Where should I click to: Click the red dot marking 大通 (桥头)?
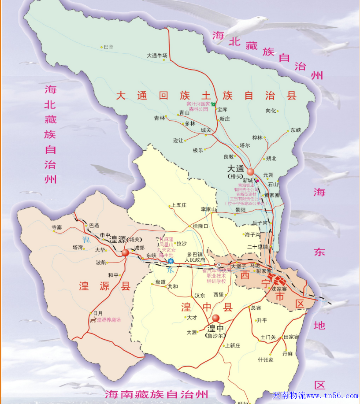(251, 171)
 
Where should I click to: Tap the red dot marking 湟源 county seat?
(125, 252)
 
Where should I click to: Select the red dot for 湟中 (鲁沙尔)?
(215, 318)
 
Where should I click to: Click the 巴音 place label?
(108, 47)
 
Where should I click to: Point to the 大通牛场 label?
(157, 56)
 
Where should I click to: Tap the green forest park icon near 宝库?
(213, 104)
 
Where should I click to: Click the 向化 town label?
(271, 111)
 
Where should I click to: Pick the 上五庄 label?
(179, 205)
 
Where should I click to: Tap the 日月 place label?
(98, 313)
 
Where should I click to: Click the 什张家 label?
(266, 360)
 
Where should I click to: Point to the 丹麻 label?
(287, 353)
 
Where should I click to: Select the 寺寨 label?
(57, 227)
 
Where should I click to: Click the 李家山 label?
(208, 209)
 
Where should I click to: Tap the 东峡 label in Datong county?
(295, 130)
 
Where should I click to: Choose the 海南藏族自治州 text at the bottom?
(156, 393)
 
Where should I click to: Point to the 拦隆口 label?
(200, 226)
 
